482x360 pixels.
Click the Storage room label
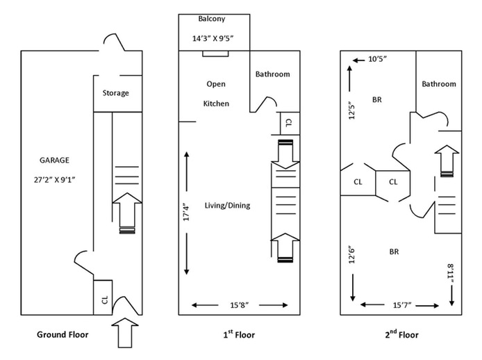(116, 93)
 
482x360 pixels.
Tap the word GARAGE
(53, 159)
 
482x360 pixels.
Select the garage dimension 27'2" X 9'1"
(53, 179)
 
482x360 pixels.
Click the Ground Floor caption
(66, 335)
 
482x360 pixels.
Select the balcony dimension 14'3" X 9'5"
(213, 39)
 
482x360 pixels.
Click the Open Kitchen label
(216, 94)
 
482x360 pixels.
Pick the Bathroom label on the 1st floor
(272, 74)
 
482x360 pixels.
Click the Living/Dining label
(227, 205)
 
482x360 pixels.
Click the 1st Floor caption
(238, 335)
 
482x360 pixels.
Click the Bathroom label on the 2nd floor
(438, 84)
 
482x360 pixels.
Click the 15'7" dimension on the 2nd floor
(401, 304)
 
